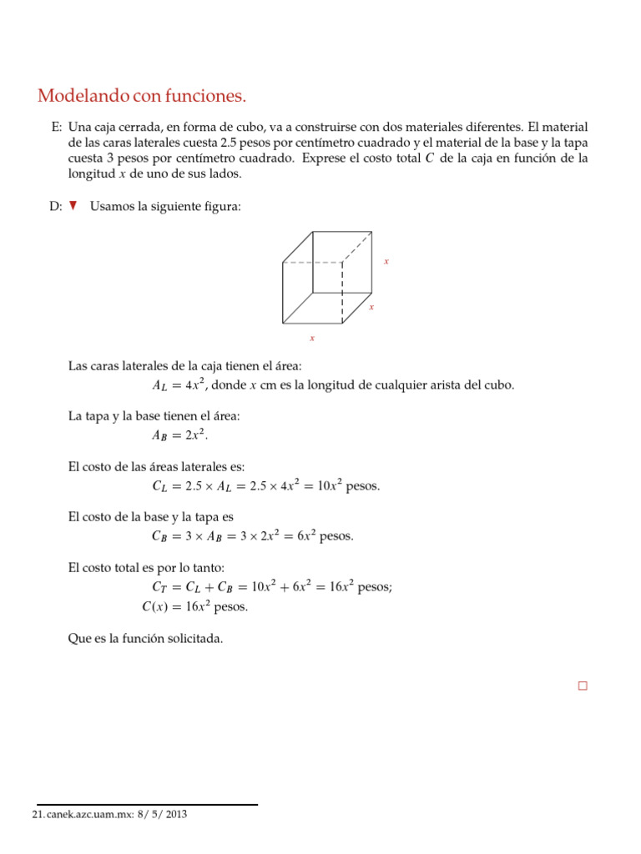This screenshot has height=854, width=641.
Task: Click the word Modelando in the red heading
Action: point(83,98)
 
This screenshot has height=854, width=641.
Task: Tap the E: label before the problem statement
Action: point(56,128)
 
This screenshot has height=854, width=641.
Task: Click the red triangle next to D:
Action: point(73,206)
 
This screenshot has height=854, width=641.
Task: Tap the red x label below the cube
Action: point(312,338)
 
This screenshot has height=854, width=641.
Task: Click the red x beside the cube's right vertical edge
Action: point(386,261)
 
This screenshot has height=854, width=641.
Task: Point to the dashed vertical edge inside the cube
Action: point(342,292)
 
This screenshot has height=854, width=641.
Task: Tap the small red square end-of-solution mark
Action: point(582,686)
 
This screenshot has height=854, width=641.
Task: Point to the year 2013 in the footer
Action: point(175,814)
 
